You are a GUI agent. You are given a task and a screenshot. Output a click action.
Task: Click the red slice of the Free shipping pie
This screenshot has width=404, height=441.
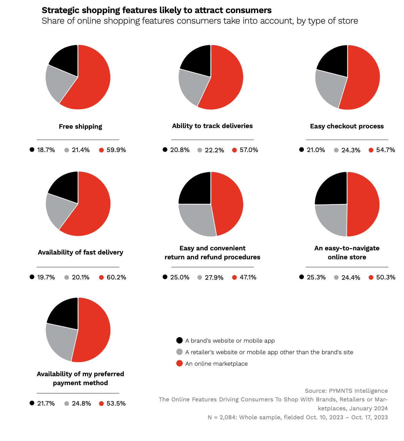[x=93, y=80]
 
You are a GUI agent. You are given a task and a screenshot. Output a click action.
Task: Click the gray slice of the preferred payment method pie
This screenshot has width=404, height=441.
[x=61, y=342]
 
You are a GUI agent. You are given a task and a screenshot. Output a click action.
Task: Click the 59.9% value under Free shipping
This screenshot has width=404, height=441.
[x=116, y=150]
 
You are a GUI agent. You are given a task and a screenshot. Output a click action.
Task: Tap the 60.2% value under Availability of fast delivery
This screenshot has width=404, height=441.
[x=116, y=278]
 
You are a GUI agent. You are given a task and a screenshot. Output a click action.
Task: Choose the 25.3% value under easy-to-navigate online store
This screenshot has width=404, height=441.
[x=316, y=278]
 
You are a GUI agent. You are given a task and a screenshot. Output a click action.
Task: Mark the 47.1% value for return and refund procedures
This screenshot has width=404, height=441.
[x=248, y=278]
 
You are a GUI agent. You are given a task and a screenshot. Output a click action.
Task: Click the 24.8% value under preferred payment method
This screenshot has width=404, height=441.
[x=81, y=404]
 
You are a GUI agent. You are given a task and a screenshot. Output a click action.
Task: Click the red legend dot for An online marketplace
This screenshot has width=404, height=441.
[x=180, y=363]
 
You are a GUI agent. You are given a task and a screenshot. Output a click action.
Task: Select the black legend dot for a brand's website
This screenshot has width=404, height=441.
[x=180, y=340]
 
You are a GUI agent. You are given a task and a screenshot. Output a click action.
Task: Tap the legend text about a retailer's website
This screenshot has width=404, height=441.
[x=269, y=352]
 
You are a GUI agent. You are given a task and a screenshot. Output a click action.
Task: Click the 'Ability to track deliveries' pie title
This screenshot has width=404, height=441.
[x=212, y=126]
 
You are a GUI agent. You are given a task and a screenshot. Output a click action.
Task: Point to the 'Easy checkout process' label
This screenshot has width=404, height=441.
[x=347, y=126]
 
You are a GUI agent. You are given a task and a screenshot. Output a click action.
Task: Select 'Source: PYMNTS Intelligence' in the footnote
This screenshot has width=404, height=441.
[x=346, y=391]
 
